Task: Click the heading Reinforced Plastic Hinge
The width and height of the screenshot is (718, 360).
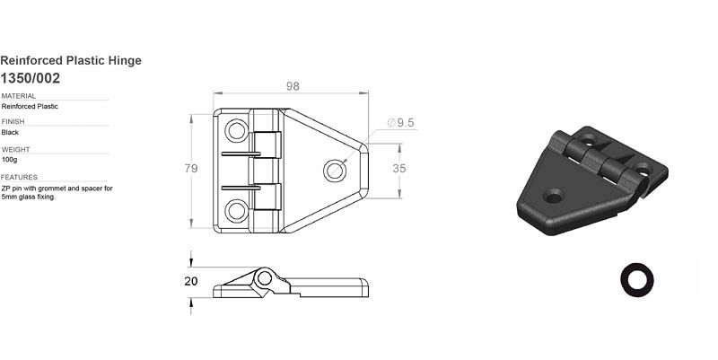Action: point(71,60)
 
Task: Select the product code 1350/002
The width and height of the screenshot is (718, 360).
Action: point(31,78)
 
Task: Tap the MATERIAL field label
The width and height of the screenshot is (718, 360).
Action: point(19,95)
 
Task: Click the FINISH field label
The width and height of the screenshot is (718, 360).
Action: point(13,121)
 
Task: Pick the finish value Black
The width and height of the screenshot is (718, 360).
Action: point(12,132)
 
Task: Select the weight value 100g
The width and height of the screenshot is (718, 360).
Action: point(11,159)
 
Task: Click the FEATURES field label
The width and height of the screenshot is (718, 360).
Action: point(19,177)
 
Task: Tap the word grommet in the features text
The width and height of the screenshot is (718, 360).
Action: point(49,189)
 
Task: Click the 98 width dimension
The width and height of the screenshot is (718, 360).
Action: point(293,86)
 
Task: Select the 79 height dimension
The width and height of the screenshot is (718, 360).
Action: point(190,168)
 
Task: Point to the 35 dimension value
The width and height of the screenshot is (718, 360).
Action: point(399,168)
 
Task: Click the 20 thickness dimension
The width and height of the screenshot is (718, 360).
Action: point(190,280)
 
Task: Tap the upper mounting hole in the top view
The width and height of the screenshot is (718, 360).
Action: point(236,131)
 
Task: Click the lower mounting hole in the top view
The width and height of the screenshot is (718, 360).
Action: point(236,211)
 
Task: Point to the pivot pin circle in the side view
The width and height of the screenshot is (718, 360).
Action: point(263,278)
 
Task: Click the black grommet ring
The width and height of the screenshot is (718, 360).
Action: point(637,279)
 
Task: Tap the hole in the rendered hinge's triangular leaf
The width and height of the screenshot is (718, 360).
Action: point(553,194)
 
